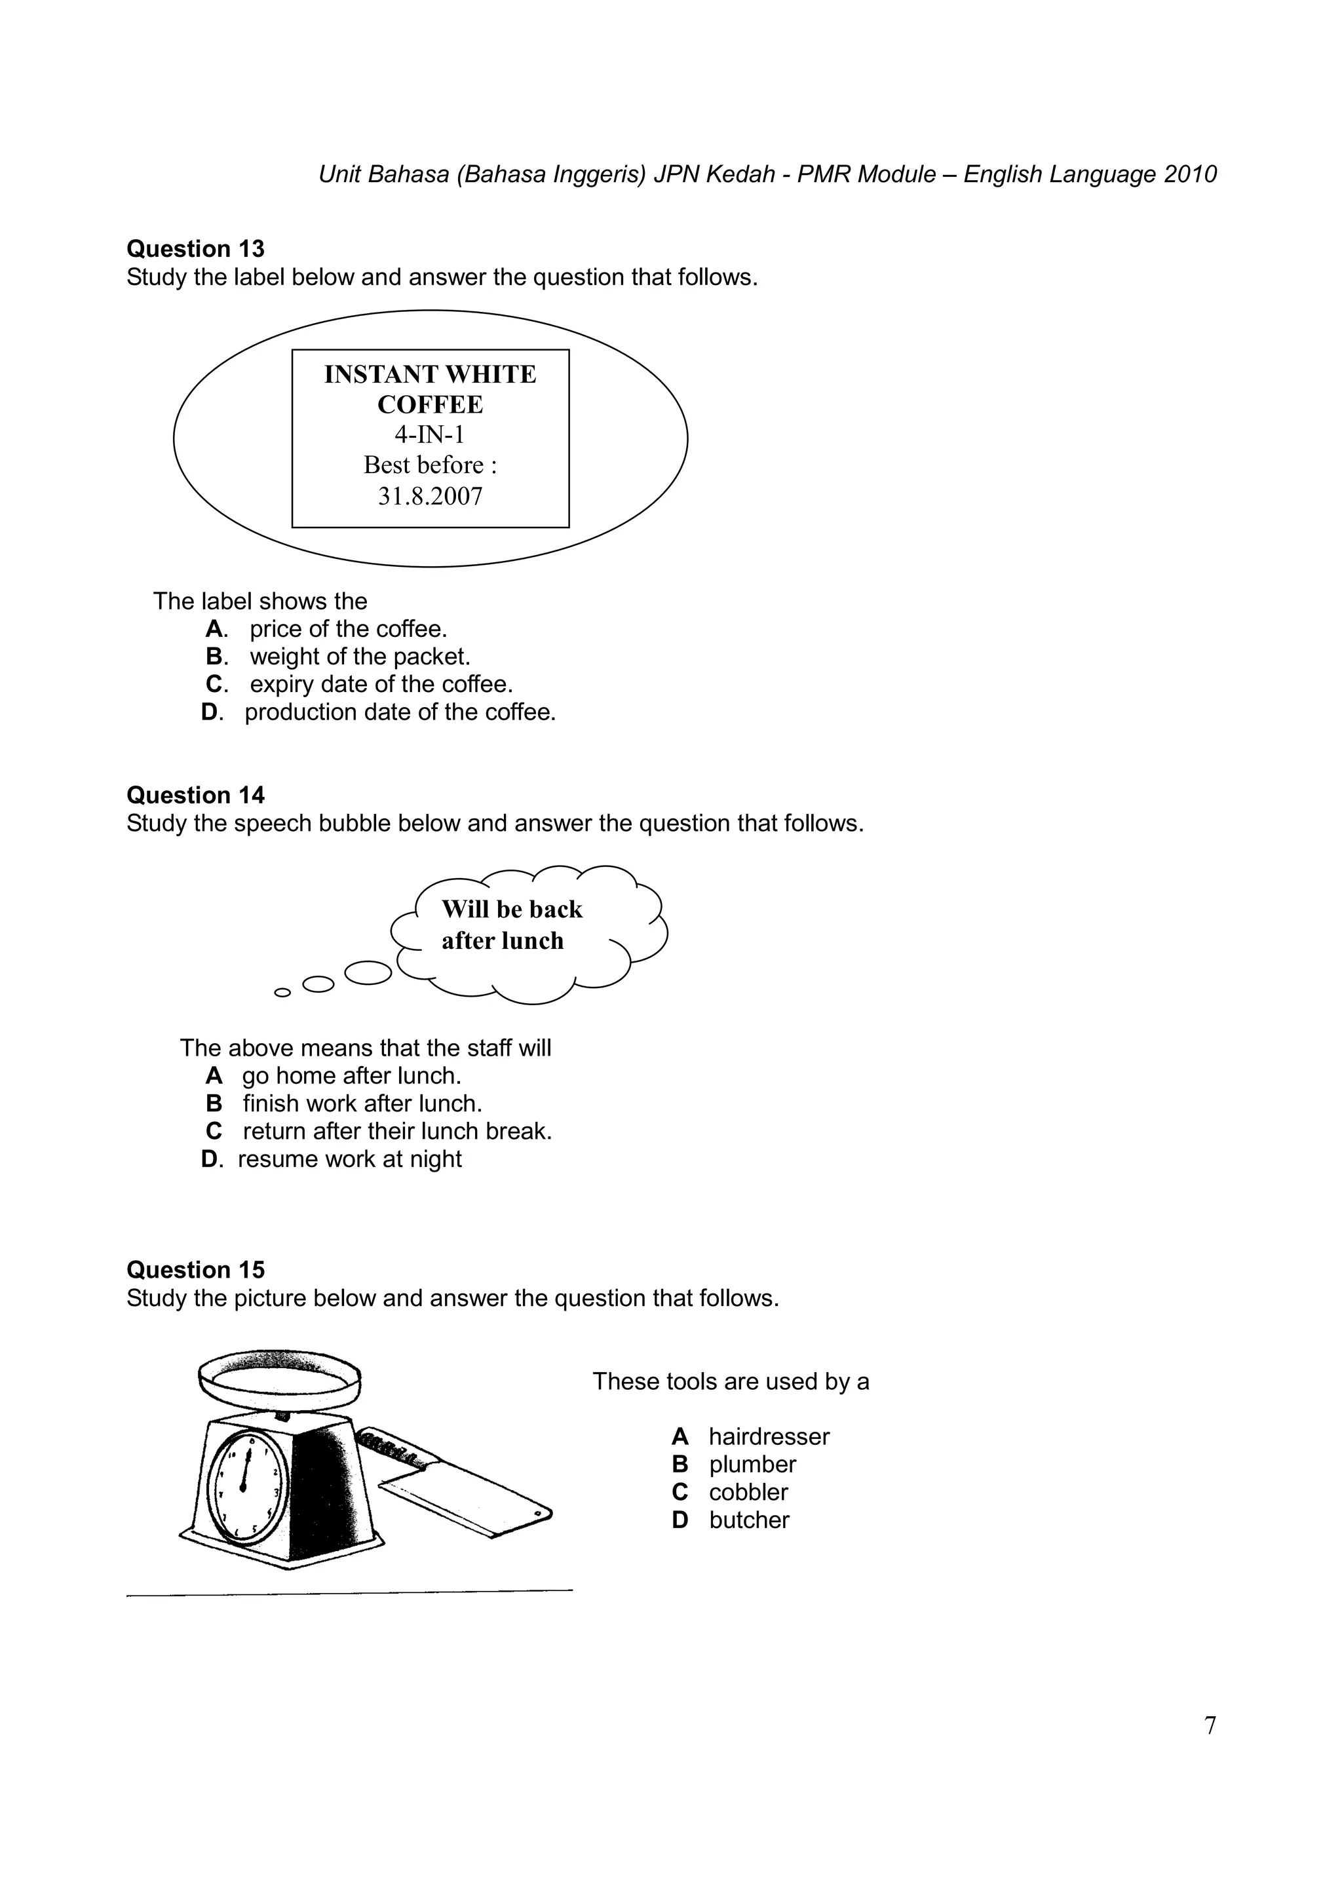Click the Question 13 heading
point(195,249)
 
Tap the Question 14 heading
point(195,796)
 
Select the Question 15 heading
point(195,1271)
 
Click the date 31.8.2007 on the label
point(430,496)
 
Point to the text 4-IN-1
point(430,435)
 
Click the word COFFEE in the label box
point(430,405)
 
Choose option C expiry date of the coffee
point(380,685)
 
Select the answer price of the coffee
point(347,630)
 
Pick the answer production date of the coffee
point(399,712)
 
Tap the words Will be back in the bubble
point(512,910)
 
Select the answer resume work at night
point(349,1160)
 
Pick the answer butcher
point(748,1520)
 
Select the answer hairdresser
point(768,1436)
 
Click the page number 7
point(1210,1726)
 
